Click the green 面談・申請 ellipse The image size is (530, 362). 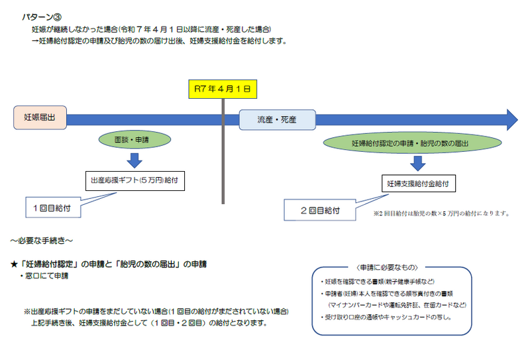click(134, 141)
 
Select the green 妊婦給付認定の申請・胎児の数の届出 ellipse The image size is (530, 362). click(409, 143)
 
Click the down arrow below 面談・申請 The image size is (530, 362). click(134, 160)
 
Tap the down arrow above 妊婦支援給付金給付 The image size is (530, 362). click(417, 163)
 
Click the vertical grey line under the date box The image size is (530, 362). click(223, 159)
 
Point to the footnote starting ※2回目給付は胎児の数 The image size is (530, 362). click(441, 213)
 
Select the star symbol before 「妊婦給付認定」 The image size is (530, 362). click(14, 264)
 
